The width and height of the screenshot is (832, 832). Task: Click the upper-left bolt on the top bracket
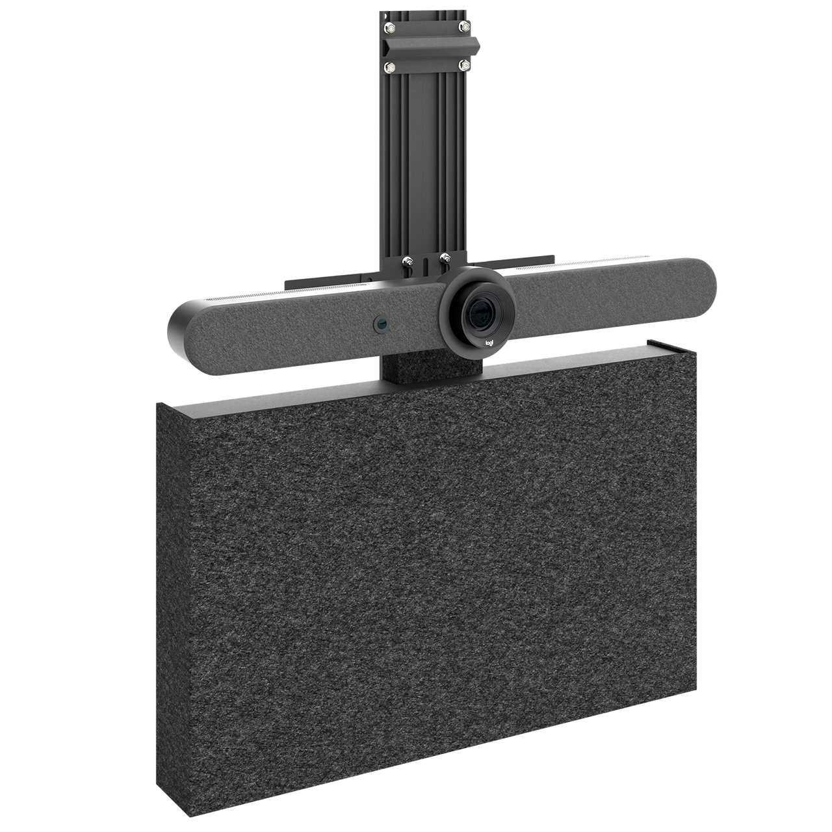[390, 28]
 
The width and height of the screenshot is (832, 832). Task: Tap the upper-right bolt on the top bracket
[465, 26]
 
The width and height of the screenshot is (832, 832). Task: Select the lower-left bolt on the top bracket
[390, 67]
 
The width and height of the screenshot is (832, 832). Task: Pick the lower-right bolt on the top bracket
[465, 65]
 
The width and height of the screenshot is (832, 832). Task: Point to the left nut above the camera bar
[407, 261]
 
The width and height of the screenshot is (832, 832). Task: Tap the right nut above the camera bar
[445, 259]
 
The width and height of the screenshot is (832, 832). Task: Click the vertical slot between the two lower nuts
[426, 266]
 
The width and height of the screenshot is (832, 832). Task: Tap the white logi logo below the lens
[489, 343]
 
